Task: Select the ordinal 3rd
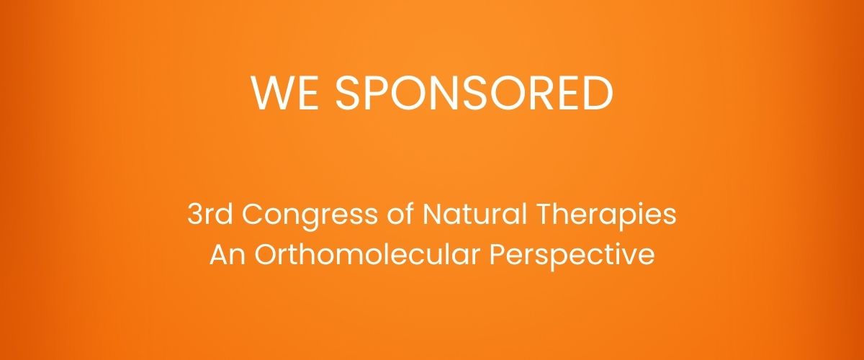click(204, 215)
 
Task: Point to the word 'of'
click(357, 215)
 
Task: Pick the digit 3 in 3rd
click(193, 215)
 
